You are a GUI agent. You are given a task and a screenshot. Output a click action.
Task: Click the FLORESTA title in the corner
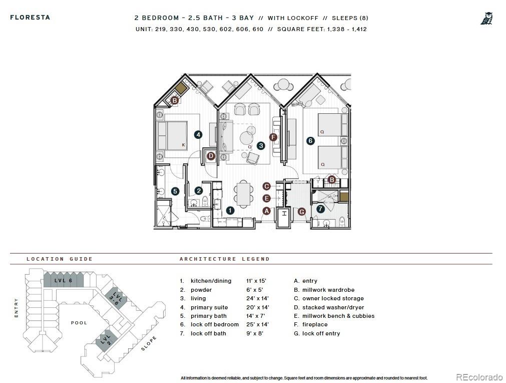tap(30, 17)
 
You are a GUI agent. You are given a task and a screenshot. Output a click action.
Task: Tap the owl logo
tap(486, 19)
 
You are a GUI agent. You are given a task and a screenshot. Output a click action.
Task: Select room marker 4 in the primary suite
tap(198, 134)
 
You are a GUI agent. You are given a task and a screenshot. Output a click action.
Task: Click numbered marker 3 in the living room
tap(261, 146)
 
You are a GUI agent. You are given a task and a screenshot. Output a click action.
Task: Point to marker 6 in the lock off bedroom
tap(310, 141)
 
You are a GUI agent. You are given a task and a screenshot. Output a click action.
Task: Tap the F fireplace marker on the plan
tap(273, 137)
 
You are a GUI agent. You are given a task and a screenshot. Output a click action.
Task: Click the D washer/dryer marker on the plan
tap(211, 156)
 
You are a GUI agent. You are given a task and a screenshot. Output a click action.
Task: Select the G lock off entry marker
tap(302, 212)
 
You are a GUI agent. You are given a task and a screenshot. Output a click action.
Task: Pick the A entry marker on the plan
tap(267, 211)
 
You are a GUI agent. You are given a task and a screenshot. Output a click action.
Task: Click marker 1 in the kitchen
tap(230, 211)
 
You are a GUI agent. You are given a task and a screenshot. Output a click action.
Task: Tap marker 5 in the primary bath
tap(175, 191)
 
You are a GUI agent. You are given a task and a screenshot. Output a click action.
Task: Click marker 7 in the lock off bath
tap(320, 209)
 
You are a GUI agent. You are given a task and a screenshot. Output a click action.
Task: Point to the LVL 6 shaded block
tap(64, 281)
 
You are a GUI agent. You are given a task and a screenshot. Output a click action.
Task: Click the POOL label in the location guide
tap(79, 323)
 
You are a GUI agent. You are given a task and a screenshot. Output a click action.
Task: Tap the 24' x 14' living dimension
tap(257, 298)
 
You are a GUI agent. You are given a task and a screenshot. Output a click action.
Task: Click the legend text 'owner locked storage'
tap(332, 298)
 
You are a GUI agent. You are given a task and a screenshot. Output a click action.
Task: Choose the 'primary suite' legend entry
tap(209, 307)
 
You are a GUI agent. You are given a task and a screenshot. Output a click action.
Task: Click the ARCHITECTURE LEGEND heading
tap(224, 259)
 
